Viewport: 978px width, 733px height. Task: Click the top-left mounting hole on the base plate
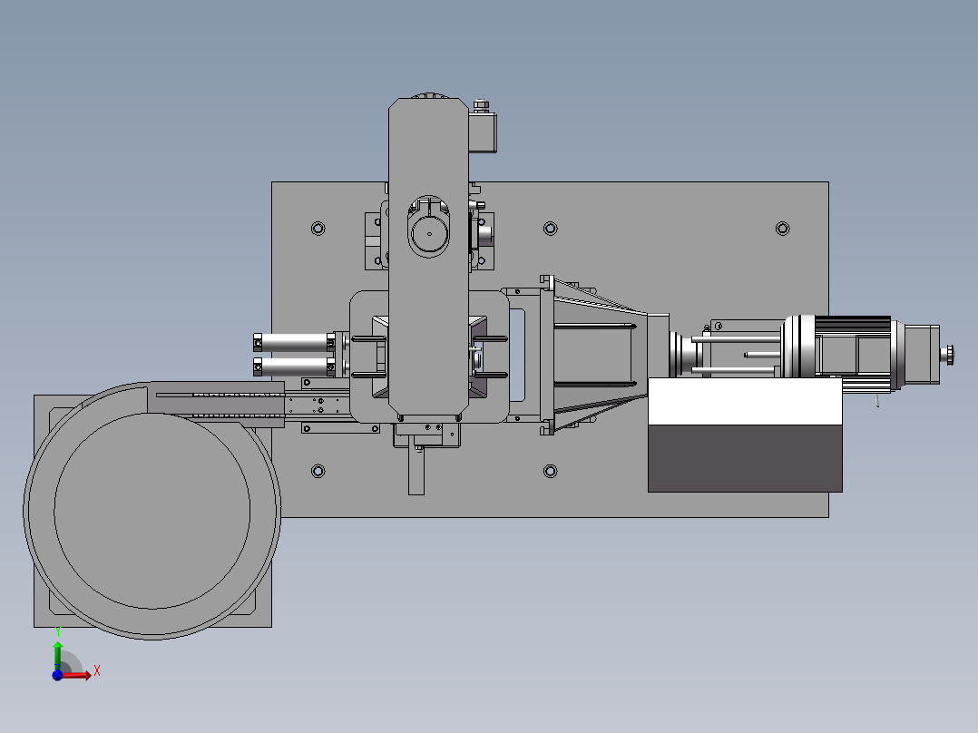(318, 229)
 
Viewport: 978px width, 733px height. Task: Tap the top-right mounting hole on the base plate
(783, 229)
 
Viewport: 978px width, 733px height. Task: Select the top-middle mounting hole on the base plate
(550, 229)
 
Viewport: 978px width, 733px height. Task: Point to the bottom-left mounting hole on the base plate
(318, 471)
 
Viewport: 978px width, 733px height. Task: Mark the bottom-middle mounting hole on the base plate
(550, 471)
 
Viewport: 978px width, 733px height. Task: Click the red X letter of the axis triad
(97, 671)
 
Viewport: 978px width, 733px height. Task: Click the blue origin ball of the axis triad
(57, 675)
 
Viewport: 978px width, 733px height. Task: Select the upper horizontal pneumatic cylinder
(294, 343)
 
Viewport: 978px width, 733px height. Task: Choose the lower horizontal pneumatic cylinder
(294, 366)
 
